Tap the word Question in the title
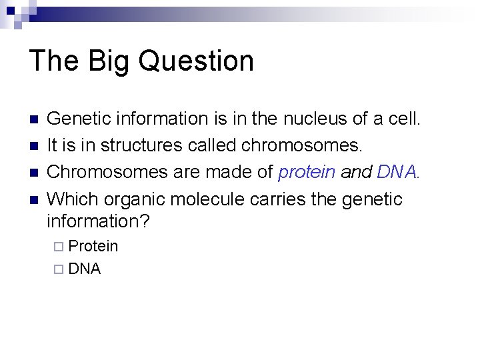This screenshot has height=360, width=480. [197, 61]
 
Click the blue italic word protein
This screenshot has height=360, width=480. [307, 173]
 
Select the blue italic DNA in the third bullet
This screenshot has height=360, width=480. [397, 173]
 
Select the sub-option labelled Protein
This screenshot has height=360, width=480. [93, 247]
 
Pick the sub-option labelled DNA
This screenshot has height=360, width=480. [85, 269]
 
